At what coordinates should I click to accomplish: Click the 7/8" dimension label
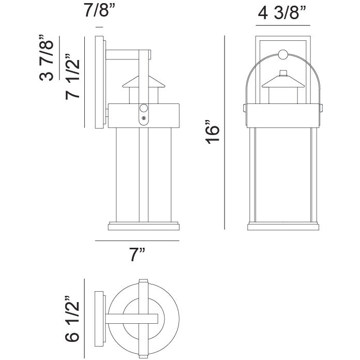[x=99, y=12]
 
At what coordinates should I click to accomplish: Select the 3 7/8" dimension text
[x=47, y=58]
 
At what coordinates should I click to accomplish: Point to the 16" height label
[x=214, y=133]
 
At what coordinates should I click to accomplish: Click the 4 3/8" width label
[x=282, y=13]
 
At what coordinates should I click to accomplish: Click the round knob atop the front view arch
[x=283, y=53]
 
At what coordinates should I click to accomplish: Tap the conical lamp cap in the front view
[x=283, y=80]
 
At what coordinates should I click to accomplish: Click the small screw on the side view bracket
[x=144, y=119]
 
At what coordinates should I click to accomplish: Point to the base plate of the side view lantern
[x=144, y=226]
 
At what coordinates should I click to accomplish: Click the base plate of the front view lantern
[x=283, y=226]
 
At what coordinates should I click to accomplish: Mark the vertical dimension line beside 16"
[x=224, y=133]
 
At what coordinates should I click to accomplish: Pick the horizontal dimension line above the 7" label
[x=137, y=241]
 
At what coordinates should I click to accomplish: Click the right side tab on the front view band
[x=323, y=108]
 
